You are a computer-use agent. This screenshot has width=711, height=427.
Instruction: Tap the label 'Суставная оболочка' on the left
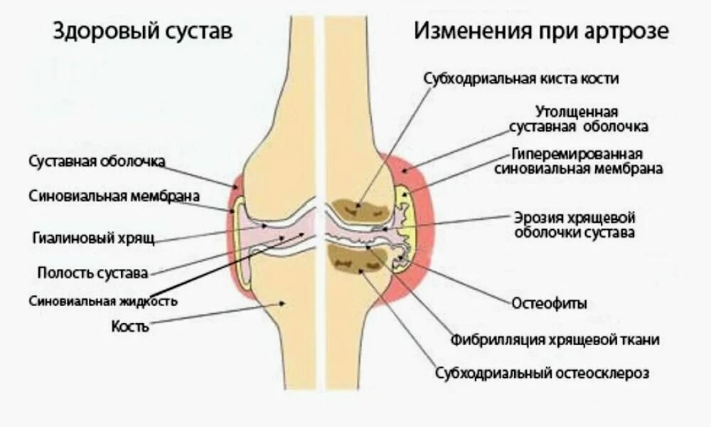(x=97, y=162)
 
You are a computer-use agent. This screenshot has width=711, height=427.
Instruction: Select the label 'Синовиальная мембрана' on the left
(x=114, y=196)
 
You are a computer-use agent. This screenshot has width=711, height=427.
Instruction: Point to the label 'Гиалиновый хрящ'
(x=93, y=237)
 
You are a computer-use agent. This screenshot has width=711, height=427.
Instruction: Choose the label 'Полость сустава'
(x=92, y=273)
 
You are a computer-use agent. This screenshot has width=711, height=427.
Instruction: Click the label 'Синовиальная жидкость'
(x=103, y=301)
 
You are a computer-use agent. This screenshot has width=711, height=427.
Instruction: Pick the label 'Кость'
(x=130, y=327)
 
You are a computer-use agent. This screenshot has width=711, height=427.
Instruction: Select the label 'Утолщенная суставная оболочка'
(x=579, y=120)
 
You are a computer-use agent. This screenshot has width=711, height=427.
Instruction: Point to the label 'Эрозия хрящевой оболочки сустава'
(x=574, y=224)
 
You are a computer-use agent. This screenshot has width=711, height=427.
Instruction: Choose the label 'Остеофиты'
(x=550, y=303)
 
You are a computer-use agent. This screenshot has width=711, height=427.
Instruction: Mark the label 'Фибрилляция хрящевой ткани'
(x=555, y=340)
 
